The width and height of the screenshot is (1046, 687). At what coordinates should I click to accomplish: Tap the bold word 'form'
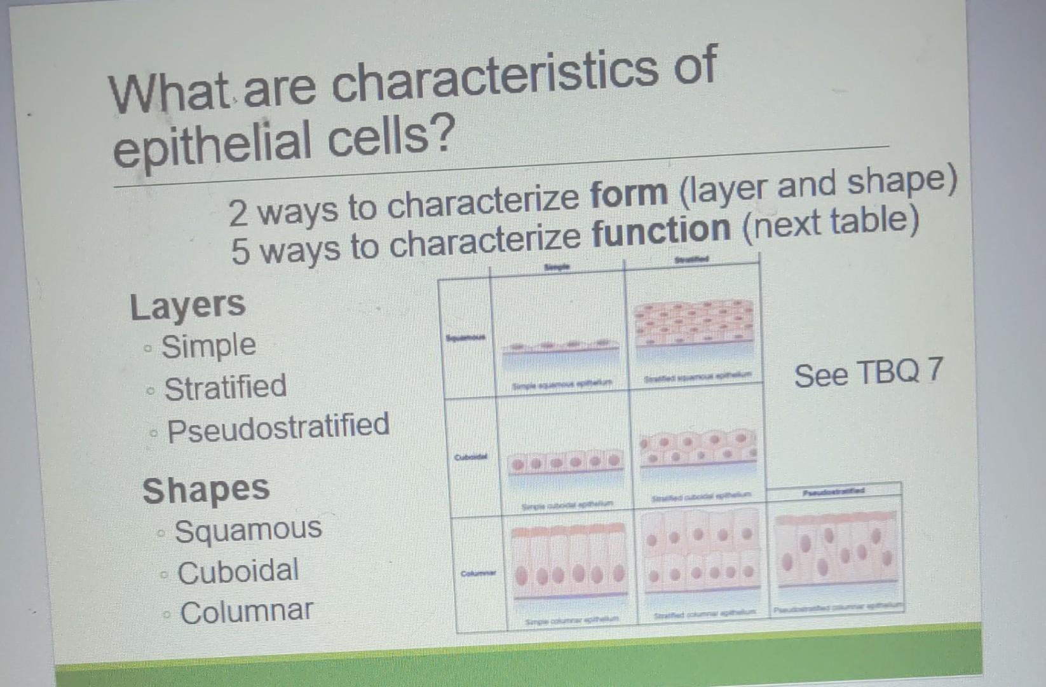point(628,194)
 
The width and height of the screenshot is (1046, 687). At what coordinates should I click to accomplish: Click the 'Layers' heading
point(187,306)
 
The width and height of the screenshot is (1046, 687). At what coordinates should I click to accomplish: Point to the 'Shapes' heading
point(206,490)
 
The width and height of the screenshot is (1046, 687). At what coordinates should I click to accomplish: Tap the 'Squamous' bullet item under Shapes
point(248,530)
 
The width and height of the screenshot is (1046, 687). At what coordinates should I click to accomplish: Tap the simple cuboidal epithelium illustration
point(566,463)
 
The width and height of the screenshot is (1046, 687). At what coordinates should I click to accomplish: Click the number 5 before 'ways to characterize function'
point(240,251)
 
